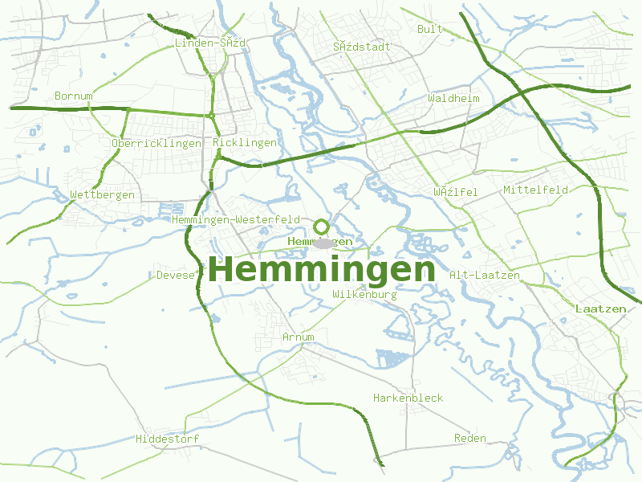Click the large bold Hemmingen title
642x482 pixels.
pyautogui.click(x=322, y=269)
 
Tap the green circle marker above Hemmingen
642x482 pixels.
pyautogui.click(x=322, y=227)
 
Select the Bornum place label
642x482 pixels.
pyautogui.click(x=74, y=96)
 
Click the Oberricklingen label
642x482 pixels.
pyautogui.click(x=156, y=143)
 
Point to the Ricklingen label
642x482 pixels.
pyautogui.click(x=246, y=142)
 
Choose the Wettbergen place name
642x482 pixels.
pyautogui.click(x=103, y=194)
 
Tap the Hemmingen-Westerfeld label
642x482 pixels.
pyautogui.click(x=236, y=219)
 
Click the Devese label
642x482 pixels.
pyautogui.click(x=176, y=275)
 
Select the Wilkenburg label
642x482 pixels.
pyautogui.click(x=364, y=295)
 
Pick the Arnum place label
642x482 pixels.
pyautogui.click(x=299, y=337)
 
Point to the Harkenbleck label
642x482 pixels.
pyautogui.click(x=408, y=398)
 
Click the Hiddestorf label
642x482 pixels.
pyautogui.click(x=168, y=439)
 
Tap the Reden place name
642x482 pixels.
pyautogui.click(x=470, y=438)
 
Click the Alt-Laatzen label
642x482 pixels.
pyautogui.click(x=485, y=275)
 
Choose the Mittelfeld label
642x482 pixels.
pyautogui.click(x=535, y=190)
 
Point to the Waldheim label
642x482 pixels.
pyautogui.click(x=453, y=98)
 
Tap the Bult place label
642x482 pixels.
pyautogui.click(x=430, y=29)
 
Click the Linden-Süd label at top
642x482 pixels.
pyautogui.click(x=210, y=43)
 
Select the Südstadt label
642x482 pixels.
pyautogui.click(x=362, y=47)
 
